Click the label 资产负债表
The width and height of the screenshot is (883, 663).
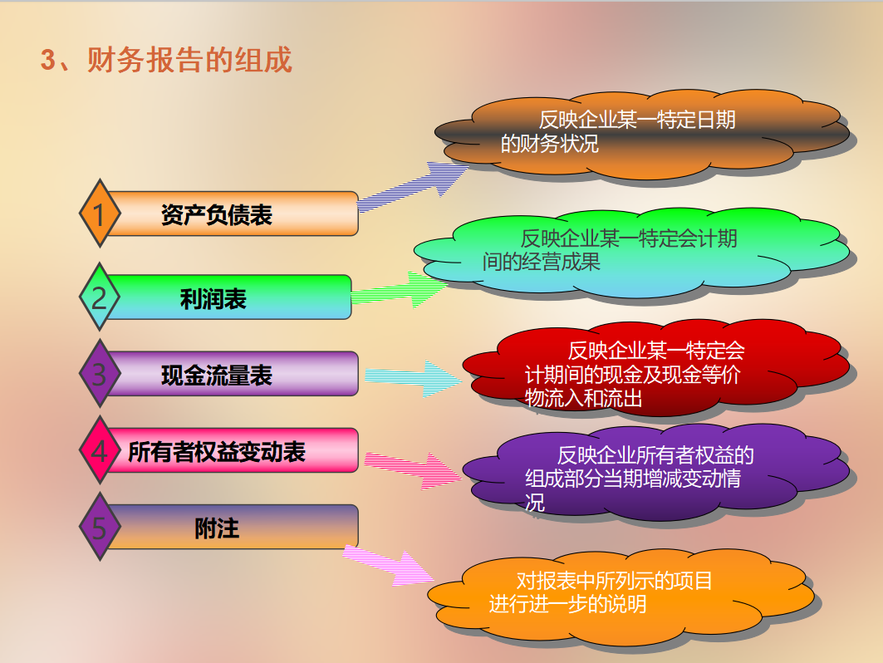(x=217, y=215)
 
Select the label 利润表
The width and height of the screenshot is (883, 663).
(x=213, y=298)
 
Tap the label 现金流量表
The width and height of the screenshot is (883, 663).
(x=217, y=376)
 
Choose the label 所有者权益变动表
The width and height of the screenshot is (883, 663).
(x=217, y=452)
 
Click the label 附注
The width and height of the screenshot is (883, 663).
(x=217, y=528)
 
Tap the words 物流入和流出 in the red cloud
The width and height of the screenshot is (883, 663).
(x=584, y=399)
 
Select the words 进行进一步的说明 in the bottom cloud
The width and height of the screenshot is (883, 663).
(x=568, y=604)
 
